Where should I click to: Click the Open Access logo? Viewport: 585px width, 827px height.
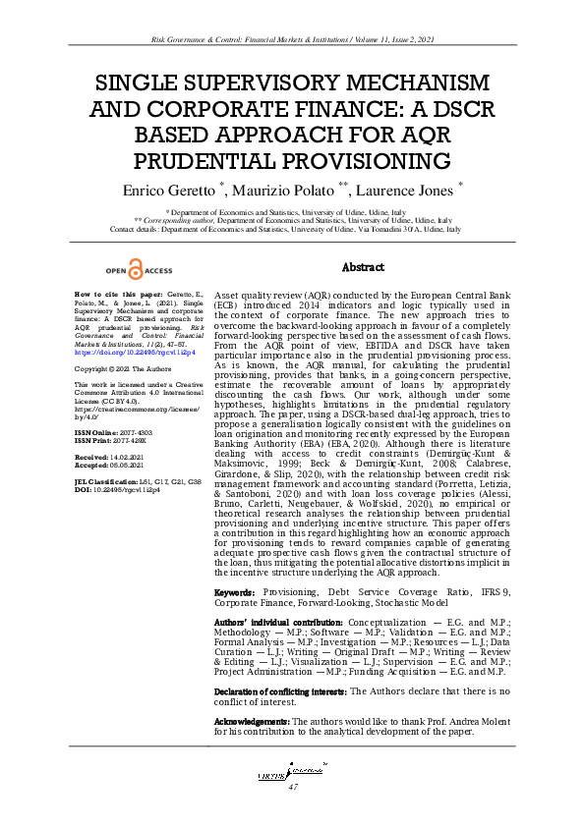[x=138, y=270]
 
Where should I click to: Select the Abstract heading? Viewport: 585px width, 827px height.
[x=363, y=267]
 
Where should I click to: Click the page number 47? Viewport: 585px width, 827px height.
[x=292, y=788]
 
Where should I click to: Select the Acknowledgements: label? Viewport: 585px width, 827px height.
[x=252, y=722]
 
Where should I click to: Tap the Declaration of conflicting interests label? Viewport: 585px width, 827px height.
[x=280, y=691]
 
